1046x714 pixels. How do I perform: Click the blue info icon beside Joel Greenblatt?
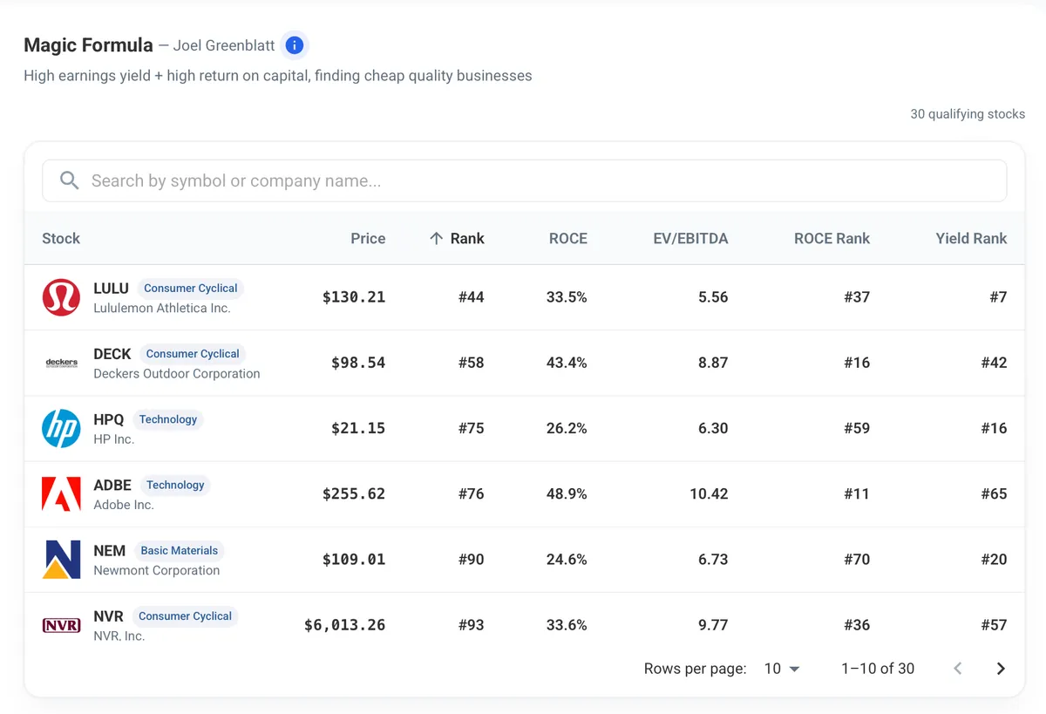tap(295, 45)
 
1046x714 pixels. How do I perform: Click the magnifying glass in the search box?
tap(69, 180)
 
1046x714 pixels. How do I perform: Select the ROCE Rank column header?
tap(832, 239)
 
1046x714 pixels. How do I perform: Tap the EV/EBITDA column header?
tap(690, 239)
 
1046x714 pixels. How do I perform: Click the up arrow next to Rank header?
tap(436, 239)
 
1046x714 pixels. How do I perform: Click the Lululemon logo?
tap(61, 297)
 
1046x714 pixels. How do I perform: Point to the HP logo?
tap(61, 428)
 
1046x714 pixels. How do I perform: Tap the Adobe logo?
tap(61, 494)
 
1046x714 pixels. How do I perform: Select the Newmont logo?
tap(61, 560)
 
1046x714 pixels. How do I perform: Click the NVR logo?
tap(61, 625)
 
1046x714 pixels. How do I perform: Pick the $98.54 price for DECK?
tap(358, 363)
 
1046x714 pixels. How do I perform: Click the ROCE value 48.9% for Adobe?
tap(567, 493)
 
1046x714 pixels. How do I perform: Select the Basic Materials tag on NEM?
tap(180, 551)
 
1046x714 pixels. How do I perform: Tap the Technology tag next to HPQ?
tap(168, 419)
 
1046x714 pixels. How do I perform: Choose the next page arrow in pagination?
tap(1001, 669)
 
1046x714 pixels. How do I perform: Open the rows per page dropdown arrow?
tap(794, 670)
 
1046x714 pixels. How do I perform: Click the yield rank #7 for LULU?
tap(998, 297)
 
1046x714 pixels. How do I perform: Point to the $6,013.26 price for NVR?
tap(344, 625)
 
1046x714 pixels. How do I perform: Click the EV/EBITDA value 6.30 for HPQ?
tap(713, 428)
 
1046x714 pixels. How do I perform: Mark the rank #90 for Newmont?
tap(472, 560)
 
